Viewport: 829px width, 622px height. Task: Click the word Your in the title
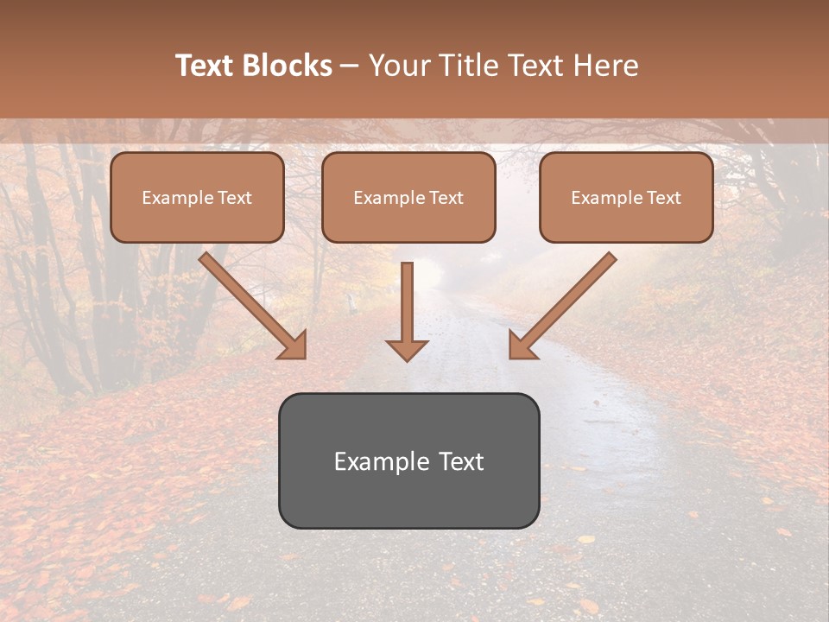point(398,66)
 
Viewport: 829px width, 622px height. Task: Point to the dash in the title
point(350,67)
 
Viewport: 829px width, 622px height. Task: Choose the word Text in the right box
point(663,198)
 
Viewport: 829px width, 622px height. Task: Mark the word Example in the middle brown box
point(389,198)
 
